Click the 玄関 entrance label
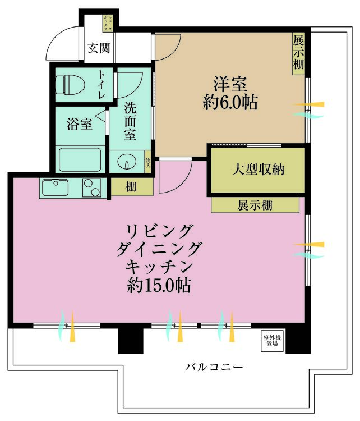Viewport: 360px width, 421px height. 98,48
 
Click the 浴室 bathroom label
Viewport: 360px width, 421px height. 80,124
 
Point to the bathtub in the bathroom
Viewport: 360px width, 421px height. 80,159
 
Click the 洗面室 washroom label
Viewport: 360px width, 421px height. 130,119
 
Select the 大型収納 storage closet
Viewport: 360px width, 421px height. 257,170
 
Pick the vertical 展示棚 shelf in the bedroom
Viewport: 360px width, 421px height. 299,53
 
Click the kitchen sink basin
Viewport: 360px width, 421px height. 55,187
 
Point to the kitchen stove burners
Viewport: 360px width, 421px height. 92,187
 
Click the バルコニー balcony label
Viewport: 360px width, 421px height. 214,368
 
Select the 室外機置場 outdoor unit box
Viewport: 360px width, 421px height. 271,341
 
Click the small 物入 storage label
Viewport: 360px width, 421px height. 148,163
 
